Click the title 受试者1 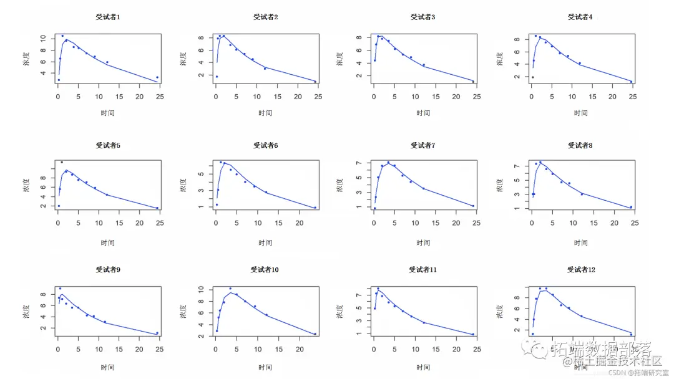[x=108, y=17]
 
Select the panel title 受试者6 [x=265, y=145]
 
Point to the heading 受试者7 [x=423, y=145]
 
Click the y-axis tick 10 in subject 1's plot [x=43, y=38]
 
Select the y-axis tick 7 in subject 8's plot [x=515, y=166]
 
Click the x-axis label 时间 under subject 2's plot [x=265, y=113]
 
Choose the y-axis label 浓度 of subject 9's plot [x=26, y=311]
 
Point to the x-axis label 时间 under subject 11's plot [x=423, y=367]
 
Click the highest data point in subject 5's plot [x=61, y=162]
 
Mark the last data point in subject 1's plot [x=157, y=77]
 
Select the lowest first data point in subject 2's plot [x=216, y=77]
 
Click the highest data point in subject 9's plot [x=60, y=289]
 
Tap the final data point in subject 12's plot [x=631, y=334]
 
